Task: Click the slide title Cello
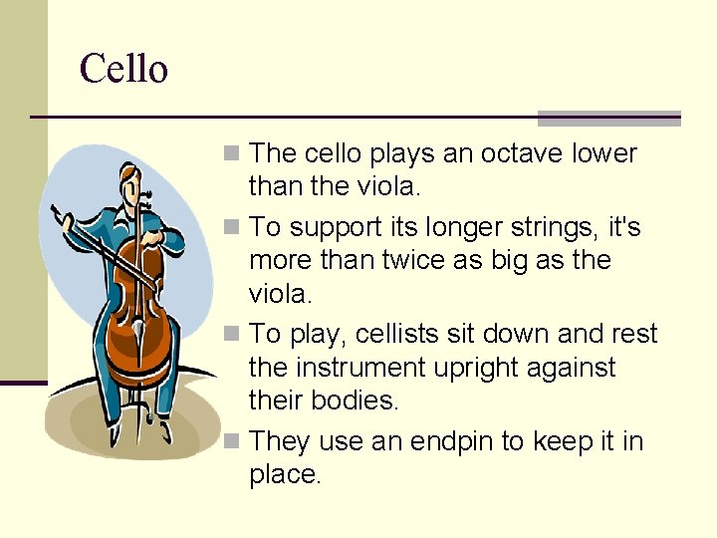[x=123, y=70]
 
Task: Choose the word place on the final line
[x=284, y=475]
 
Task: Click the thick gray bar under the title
[x=608, y=118]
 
